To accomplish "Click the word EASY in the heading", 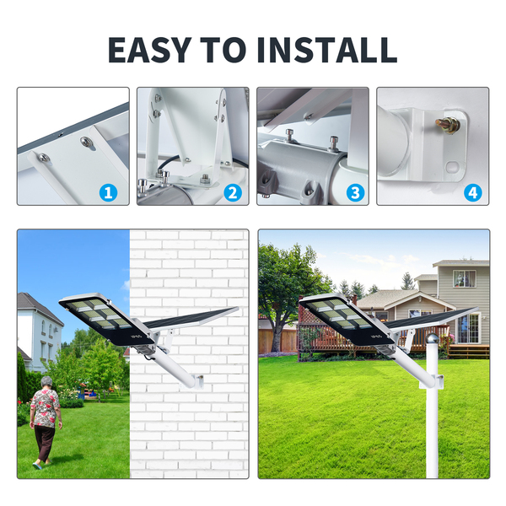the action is click(x=149, y=50).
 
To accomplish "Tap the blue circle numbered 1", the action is click(x=108, y=192).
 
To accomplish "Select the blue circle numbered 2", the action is click(x=233, y=192).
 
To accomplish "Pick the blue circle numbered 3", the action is click(x=355, y=192).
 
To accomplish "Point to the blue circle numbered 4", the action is click(x=473, y=192).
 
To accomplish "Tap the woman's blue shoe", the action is click(x=37, y=466).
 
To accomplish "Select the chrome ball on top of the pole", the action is click(x=432, y=339).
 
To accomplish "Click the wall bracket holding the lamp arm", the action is click(x=197, y=381).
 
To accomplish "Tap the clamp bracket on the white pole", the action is click(x=433, y=381).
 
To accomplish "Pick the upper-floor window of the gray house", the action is click(x=465, y=278).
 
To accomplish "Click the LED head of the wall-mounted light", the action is click(x=106, y=319).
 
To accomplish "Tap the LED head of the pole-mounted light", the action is click(x=347, y=319).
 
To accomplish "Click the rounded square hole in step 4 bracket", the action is click(x=452, y=167).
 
